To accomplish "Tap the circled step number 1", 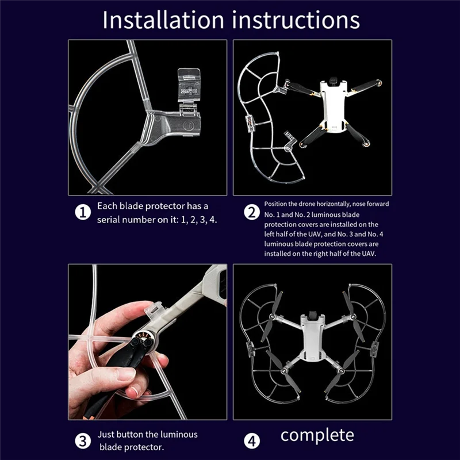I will coord(83,212).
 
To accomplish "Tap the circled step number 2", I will coord(251,212).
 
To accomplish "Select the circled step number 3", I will coord(83,441).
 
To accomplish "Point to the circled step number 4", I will coord(251,441).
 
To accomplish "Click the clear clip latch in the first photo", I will coord(189,86).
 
